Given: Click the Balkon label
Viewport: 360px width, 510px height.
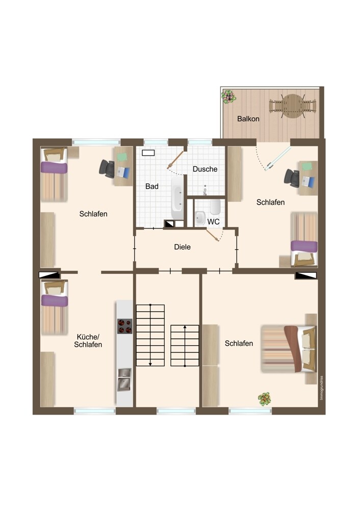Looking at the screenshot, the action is pos(248,119).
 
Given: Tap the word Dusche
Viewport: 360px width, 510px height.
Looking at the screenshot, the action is pos(205,169).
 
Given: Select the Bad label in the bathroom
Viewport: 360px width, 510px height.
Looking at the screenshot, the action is pos(152,186).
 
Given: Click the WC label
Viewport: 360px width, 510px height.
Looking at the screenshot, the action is pos(213,222).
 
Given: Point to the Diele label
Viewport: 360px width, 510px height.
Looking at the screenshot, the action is pos(182,247).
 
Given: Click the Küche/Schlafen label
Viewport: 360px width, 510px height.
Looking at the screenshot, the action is pos(88,341).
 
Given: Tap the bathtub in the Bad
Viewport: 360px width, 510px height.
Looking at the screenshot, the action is pos(177,198).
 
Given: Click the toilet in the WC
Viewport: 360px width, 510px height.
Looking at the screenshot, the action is pos(215,207).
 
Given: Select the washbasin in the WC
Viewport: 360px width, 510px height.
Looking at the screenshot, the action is pos(200,218).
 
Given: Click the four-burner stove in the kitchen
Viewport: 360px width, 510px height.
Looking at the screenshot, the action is pos(125,326).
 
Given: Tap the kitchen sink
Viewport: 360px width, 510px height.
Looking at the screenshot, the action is pos(124,379).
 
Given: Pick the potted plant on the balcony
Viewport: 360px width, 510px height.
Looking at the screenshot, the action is pos(228,96).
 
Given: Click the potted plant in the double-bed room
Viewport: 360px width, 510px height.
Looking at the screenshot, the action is pos(265,399).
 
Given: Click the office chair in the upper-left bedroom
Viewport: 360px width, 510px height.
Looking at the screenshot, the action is pos(107,168).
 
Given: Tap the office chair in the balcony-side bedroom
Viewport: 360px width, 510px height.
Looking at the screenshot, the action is pos(292,178).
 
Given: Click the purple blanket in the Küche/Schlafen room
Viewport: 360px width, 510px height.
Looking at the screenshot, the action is pos(55,300).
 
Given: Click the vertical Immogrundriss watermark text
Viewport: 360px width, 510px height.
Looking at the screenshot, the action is pos(322,388).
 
